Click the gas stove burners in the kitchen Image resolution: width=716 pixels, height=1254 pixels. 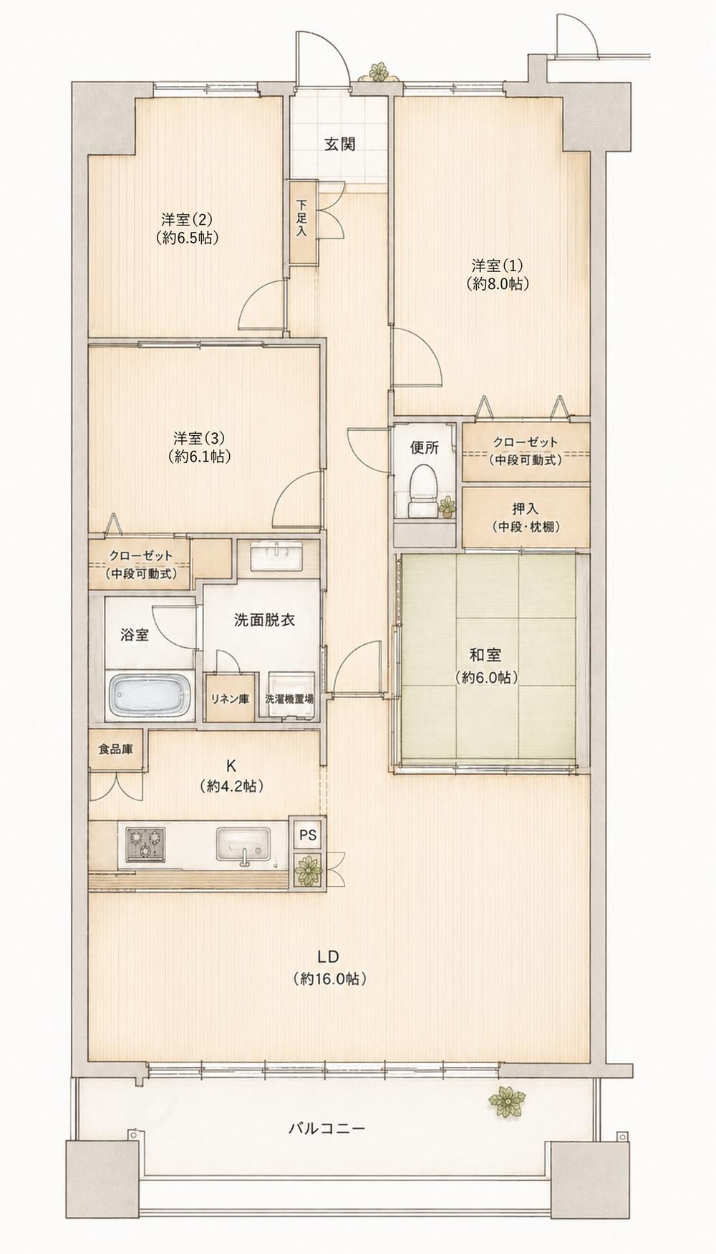pyautogui.click(x=145, y=843)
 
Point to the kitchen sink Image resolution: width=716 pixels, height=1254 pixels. pyautogui.click(x=243, y=845)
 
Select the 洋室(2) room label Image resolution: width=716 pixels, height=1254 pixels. pyautogui.click(x=188, y=228)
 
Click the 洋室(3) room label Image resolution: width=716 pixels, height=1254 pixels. pyautogui.click(x=200, y=446)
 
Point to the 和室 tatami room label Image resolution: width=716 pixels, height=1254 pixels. pyautogui.click(x=485, y=665)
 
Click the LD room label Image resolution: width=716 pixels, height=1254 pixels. pyautogui.click(x=329, y=968)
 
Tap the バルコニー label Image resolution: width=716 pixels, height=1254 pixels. pyautogui.click(x=326, y=1128)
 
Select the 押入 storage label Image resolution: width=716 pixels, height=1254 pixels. pyautogui.click(x=526, y=517)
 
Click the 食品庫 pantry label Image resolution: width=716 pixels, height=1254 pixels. pyautogui.click(x=115, y=749)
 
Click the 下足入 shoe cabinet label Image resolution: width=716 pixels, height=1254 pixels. pyautogui.click(x=301, y=218)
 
